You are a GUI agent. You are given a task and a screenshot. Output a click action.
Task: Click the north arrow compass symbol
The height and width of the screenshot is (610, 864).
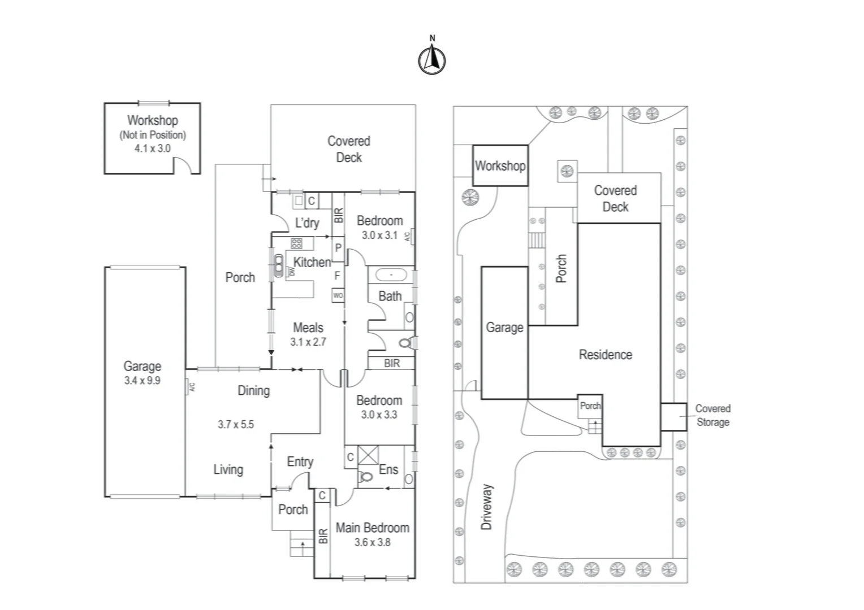coord(432,59)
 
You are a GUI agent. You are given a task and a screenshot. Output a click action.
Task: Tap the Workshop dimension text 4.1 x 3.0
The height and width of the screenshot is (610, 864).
coord(152,149)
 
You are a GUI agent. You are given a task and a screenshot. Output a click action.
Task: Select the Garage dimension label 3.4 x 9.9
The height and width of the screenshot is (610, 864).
coord(142,381)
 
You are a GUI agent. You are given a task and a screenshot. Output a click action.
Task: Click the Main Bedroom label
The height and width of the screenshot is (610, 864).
coord(372,528)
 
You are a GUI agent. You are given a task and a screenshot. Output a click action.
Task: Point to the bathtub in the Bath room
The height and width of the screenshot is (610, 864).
coord(391,275)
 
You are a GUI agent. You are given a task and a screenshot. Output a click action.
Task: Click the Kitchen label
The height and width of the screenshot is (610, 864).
coord(312,262)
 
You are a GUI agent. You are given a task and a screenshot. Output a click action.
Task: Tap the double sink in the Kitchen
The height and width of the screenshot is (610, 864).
coord(278,264)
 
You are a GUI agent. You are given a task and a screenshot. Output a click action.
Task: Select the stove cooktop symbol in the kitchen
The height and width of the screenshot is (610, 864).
coord(296,243)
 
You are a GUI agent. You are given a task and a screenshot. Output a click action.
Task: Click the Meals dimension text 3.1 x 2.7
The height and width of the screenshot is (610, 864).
coord(308,342)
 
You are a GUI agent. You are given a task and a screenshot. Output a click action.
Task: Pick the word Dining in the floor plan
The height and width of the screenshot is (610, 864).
coord(253,390)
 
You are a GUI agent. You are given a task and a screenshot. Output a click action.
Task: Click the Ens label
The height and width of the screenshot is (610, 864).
coord(388,469)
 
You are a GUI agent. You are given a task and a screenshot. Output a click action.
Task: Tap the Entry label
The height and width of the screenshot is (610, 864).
coord(300,462)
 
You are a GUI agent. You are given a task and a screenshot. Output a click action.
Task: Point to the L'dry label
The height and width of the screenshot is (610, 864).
coord(307,223)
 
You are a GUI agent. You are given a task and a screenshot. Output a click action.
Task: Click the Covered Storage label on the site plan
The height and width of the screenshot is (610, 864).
coord(712,415)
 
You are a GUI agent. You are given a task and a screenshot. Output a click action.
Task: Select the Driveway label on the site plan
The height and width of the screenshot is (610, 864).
coord(487,507)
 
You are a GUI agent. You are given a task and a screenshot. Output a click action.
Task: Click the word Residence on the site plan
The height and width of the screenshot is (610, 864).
coord(605,355)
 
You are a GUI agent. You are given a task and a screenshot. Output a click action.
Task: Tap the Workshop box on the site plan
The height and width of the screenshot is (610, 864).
coord(500,165)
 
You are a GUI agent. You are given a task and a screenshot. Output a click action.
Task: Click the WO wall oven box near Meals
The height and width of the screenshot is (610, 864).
coord(338,295)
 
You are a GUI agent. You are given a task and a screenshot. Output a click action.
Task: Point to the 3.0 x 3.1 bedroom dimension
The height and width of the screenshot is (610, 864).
coord(379,235)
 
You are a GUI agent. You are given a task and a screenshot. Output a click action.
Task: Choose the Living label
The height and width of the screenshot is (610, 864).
coord(228,469)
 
